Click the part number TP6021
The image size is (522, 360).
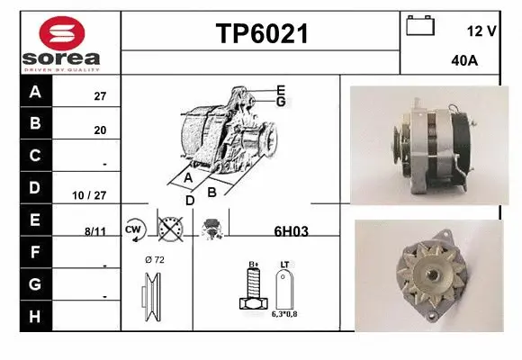(262, 34)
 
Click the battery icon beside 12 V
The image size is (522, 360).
(419, 26)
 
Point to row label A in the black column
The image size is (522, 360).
(35, 92)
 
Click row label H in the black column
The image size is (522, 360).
(35, 316)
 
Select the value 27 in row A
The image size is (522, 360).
(100, 96)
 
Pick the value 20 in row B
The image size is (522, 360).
(100, 130)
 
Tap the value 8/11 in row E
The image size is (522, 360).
(94, 230)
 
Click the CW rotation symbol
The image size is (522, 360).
(135, 229)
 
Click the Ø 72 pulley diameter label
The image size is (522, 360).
(154, 259)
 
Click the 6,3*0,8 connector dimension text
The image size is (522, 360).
(284, 314)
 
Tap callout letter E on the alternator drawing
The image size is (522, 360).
(281, 90)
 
